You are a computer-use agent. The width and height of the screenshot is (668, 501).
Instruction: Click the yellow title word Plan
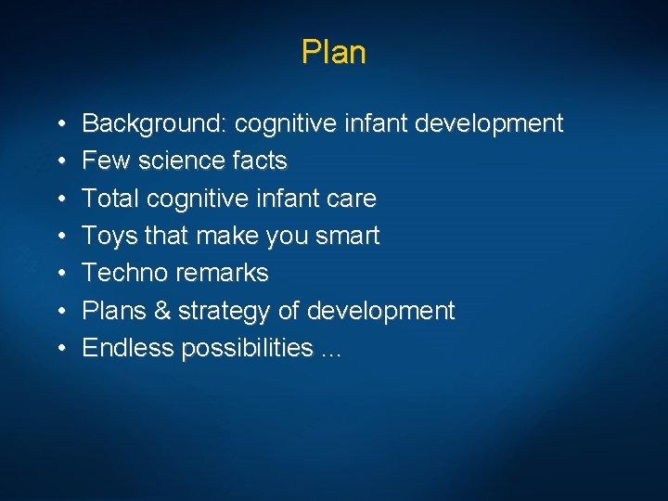click(x=333, y=52)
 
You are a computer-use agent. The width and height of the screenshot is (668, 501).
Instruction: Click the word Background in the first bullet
click(x=155, y=123)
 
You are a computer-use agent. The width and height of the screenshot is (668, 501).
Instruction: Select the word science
click(x=177, y=161)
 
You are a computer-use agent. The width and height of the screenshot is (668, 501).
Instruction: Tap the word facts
click(x=261, y=161)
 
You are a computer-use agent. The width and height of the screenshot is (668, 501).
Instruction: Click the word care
click(x=353, y=199)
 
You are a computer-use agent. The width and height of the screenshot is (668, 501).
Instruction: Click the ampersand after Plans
click(x=160, y=311)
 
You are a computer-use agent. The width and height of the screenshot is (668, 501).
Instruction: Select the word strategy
click(x=222, y=311)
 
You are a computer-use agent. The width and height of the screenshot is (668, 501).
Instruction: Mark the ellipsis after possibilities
click(x=331, y=352)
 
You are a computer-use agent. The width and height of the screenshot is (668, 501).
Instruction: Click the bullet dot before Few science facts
click(x=59, y=161)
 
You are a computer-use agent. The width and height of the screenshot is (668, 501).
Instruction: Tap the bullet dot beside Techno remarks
click(x=59, y=274)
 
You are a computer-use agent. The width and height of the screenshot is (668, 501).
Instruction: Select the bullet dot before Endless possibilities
click(x=59, y=349)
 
